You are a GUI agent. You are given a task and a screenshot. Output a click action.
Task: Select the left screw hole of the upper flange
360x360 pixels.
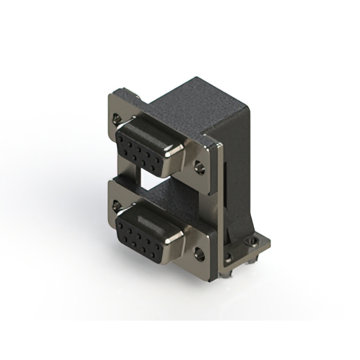[x=117, y=119]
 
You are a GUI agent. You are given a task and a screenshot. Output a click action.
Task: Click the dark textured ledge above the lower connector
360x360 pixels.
[x=169, y=194]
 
